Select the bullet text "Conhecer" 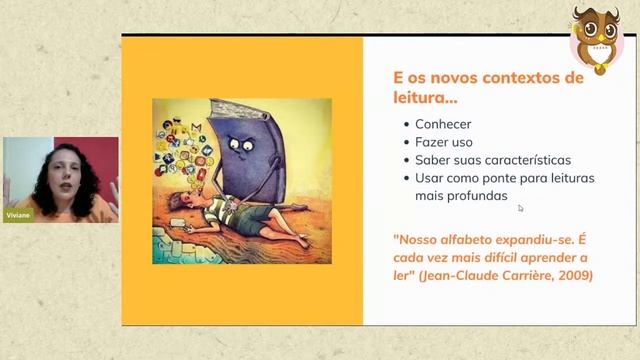[445, 126]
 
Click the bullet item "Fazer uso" [444, 143]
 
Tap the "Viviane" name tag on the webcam [18, 215]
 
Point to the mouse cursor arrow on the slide [520, 208]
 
